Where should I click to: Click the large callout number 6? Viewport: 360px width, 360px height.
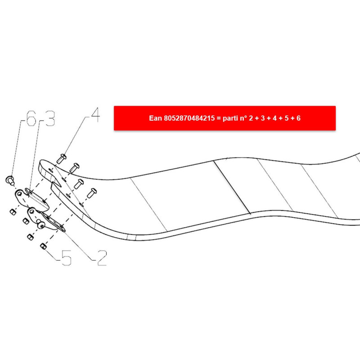(31, 118)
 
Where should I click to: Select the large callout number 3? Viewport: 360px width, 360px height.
(50, 118)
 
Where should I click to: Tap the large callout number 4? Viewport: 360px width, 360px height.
(95, 115)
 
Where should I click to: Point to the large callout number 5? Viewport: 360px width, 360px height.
(67, 258)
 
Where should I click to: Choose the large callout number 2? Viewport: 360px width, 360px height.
(102, 258)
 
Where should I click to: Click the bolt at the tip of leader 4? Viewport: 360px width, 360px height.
(61, 159)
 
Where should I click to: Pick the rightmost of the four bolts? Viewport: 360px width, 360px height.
(92, 193)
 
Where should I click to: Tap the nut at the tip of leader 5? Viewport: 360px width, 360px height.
(43, 246)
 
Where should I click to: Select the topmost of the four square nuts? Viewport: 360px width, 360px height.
(13, 212)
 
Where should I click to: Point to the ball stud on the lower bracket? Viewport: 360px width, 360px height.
(40, 224)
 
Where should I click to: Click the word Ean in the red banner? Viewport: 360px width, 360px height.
(155, 118)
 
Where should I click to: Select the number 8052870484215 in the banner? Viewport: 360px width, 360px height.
(189, 118)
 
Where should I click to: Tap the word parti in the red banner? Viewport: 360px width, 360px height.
(230, 118)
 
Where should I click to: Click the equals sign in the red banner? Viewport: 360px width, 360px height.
(219, 118)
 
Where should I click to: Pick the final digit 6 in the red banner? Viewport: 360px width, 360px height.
(298, 118)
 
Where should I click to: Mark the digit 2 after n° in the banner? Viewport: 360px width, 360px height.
(251, 118)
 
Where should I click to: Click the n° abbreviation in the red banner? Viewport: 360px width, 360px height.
(243, 118)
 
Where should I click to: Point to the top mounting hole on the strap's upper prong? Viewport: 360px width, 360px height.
(51, 171)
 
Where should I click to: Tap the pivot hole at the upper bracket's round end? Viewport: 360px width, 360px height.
(20, 194)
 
